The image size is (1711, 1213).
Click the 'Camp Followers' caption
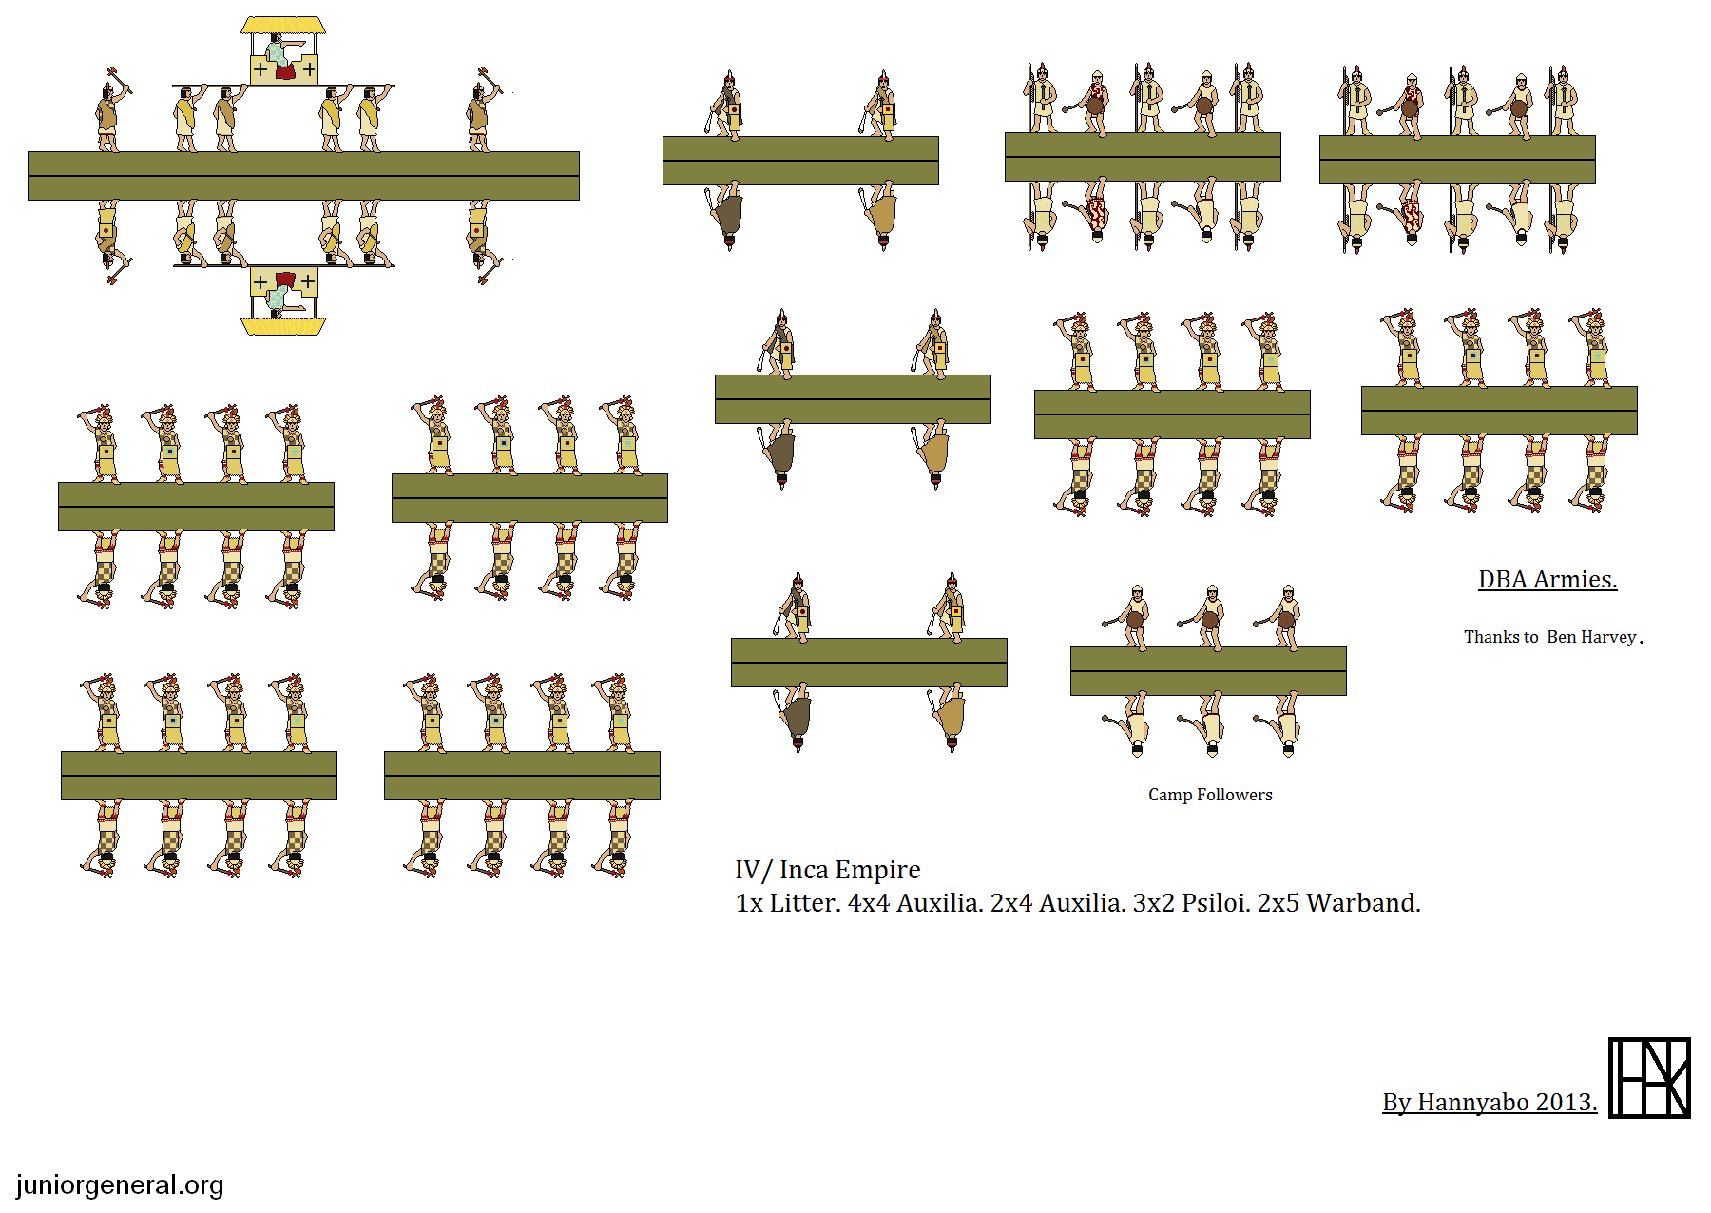click(1210, 795)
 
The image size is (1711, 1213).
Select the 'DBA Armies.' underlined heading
click(1548, 579)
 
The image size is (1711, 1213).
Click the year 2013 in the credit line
click(1566, 1102)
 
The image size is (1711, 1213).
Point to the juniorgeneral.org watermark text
click(120, 1185)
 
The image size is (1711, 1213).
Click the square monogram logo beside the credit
click(1649, 1078)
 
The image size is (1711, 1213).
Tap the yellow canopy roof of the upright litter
click(283, 25)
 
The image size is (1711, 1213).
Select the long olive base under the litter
click(303, 176)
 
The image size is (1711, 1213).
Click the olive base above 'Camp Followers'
click(1208, 671)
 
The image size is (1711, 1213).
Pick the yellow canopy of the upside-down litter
click(283, 327)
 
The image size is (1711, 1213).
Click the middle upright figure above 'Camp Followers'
click(1209, 617)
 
